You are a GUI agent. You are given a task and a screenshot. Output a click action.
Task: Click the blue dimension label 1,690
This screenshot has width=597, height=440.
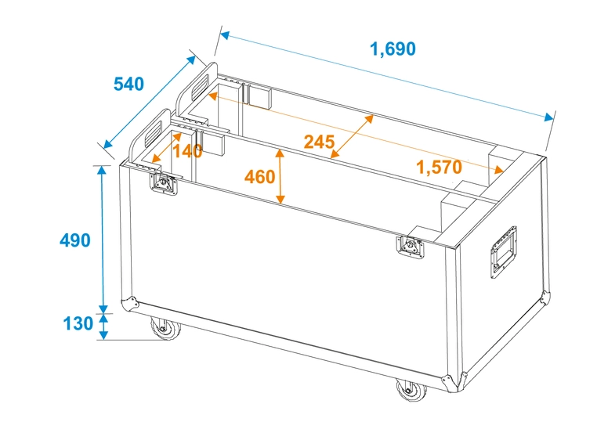tap(393, 49)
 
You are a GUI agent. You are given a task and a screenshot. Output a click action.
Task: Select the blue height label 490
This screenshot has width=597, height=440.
tap(75, 240)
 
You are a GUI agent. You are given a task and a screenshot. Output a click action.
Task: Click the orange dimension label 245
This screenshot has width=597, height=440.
tap(319, 142)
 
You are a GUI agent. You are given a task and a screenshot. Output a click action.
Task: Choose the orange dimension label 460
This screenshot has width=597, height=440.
tap(259, 177)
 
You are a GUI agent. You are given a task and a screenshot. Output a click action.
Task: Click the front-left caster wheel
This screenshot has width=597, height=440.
tap(165, 329)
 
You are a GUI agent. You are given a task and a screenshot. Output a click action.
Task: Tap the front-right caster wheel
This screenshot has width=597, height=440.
tap(407, 390)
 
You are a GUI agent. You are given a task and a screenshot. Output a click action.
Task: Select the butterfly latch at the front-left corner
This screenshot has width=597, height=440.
tap(165, 186)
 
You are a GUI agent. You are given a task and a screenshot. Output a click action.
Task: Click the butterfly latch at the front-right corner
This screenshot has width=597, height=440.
tap(409, 245)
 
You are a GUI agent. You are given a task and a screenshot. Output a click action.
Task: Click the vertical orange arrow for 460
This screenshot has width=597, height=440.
tap(280, 177)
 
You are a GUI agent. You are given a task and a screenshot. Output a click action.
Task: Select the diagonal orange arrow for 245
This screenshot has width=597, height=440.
tap(353, 135)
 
